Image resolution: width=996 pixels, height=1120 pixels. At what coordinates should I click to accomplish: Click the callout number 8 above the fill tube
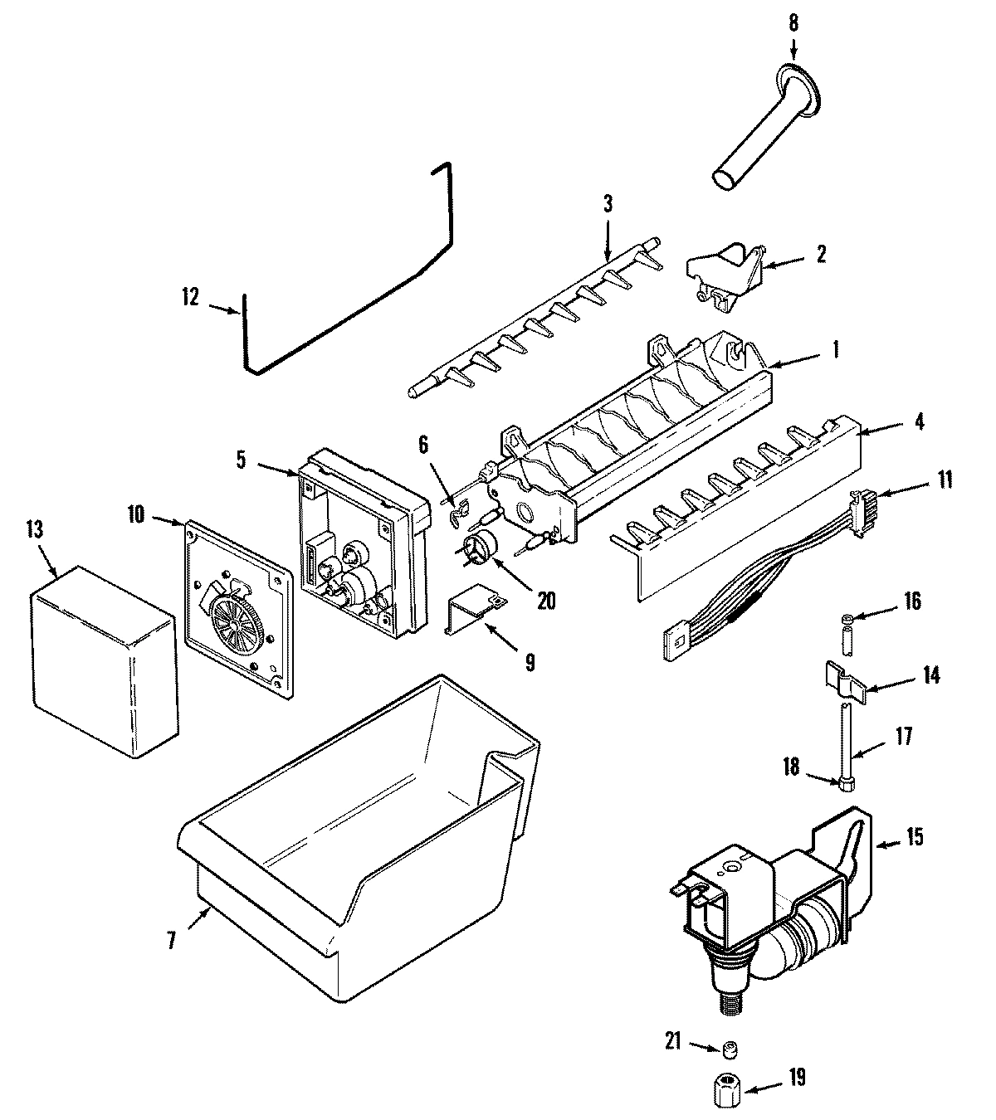tap(793, 22)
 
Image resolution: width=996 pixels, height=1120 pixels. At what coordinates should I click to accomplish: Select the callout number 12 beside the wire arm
tap(190, 297)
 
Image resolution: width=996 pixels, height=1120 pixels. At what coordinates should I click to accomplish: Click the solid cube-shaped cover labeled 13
tap(104, 660)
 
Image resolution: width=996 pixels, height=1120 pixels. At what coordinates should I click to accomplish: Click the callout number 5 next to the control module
tap(241, 459)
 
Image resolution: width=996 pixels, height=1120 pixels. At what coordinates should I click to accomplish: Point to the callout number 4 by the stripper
tap(917, 421)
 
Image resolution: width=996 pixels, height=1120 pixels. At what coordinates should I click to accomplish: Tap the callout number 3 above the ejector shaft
tap(608, 204)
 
